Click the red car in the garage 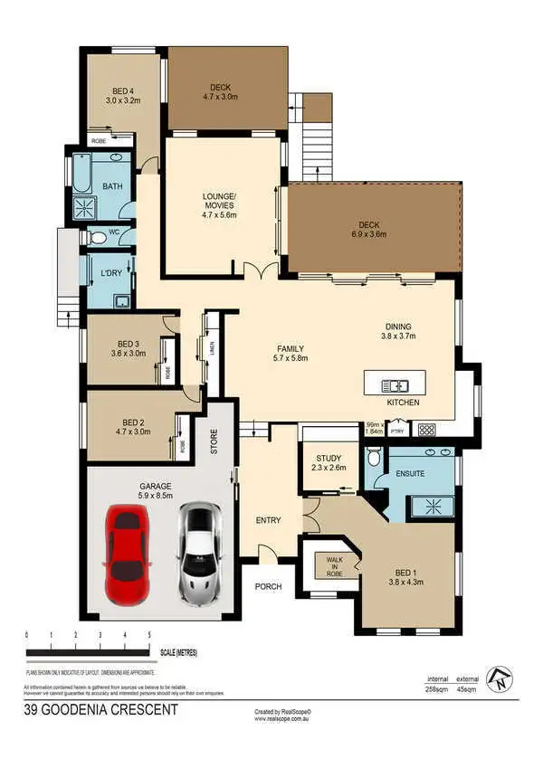pyautogui.click(x=126, y=555)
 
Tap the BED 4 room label pyautogui.click(x=123, y=90)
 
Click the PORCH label pyautogui.click(x=268, y=587)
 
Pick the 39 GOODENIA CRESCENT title pyautogui.click(x=100, y=710)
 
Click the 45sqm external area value pyautogui.click(x=466, y=689)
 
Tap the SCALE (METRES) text pyautogui.click(x=179, y=652)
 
